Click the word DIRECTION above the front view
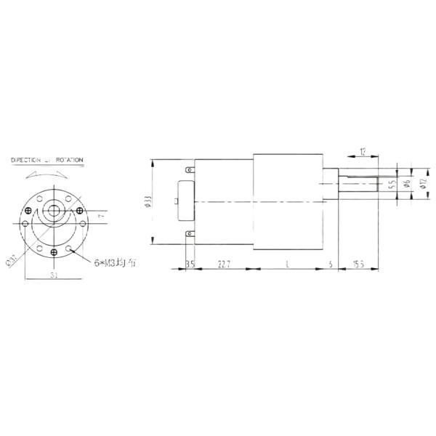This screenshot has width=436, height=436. tap(28, 159)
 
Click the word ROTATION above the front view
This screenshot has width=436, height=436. tap(70, 159)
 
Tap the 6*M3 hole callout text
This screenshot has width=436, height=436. tap(115, 262)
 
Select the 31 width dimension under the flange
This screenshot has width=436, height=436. tap(54, 275)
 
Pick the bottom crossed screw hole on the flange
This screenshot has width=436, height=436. tap(54, 251)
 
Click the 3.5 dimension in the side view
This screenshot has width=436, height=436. tap(190, 263)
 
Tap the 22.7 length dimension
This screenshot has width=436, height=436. tap(224, 263)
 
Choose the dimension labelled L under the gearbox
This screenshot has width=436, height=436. tap(288, 263)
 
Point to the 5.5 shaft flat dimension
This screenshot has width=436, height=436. tap(391, 185)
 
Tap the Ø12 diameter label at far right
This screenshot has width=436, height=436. tap(422, 185)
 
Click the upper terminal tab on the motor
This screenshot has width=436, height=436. tap(190, 171)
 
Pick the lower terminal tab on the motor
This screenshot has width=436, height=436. tap(190, 233)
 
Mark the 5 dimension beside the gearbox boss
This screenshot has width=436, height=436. tap(331, 263)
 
